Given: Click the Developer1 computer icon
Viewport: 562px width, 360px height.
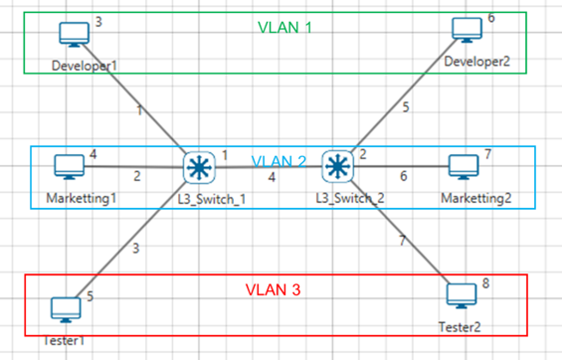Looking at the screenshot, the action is pyautogui.click(x=75, y=35).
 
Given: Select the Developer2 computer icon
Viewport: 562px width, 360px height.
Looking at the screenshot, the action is pyautogui.click(x=468, y=30).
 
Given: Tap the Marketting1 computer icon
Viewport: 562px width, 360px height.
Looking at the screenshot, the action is pyautogui.click(x=70, y=167).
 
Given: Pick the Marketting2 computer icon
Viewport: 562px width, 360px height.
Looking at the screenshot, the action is pyautogui.click(x=464, y=167).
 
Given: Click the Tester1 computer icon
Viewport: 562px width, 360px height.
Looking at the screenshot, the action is pyautogui.click(x=66, y=310).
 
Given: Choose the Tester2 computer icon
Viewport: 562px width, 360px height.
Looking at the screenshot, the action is pyautogui.click(x=462, y=296).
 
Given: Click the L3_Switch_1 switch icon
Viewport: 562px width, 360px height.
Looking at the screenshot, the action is pyautogui.click(x=199, y=168).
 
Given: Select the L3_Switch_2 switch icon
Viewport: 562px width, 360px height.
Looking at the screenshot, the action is pyautogui.click(x=337, y=166).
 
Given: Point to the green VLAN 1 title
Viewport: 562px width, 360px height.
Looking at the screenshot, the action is pyautogui.click(x=284, y=28).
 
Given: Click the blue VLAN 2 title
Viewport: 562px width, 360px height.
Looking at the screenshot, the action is pyautogui.click(x=279, y=161).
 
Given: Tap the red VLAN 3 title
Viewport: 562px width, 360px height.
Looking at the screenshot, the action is pyautogui.click(x=273, y=289).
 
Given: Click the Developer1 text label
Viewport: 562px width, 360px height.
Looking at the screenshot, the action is pyautogui.click(x=85, y=66).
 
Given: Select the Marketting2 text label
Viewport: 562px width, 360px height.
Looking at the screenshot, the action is pyautogui.click(x=476, y=198).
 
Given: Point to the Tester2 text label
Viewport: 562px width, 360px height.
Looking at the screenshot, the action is pyautogui.click(x=460, y=327).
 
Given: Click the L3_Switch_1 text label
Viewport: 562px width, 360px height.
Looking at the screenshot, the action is pyautogui.click(x=212, y=199).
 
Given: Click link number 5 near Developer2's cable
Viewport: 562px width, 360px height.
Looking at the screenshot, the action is pyautogui.click(x=406, y=107).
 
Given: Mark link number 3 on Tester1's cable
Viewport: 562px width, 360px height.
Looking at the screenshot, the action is pyautogui.click(x=136, y=249).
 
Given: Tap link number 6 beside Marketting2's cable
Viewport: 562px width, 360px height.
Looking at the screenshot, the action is pyautogui.click(x=404, y=176).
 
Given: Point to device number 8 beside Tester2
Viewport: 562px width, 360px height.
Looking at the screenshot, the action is pyautogui.click(x=485, y=283).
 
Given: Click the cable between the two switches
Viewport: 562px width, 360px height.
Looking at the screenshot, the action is pyautogui.click(x=269, y=167).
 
